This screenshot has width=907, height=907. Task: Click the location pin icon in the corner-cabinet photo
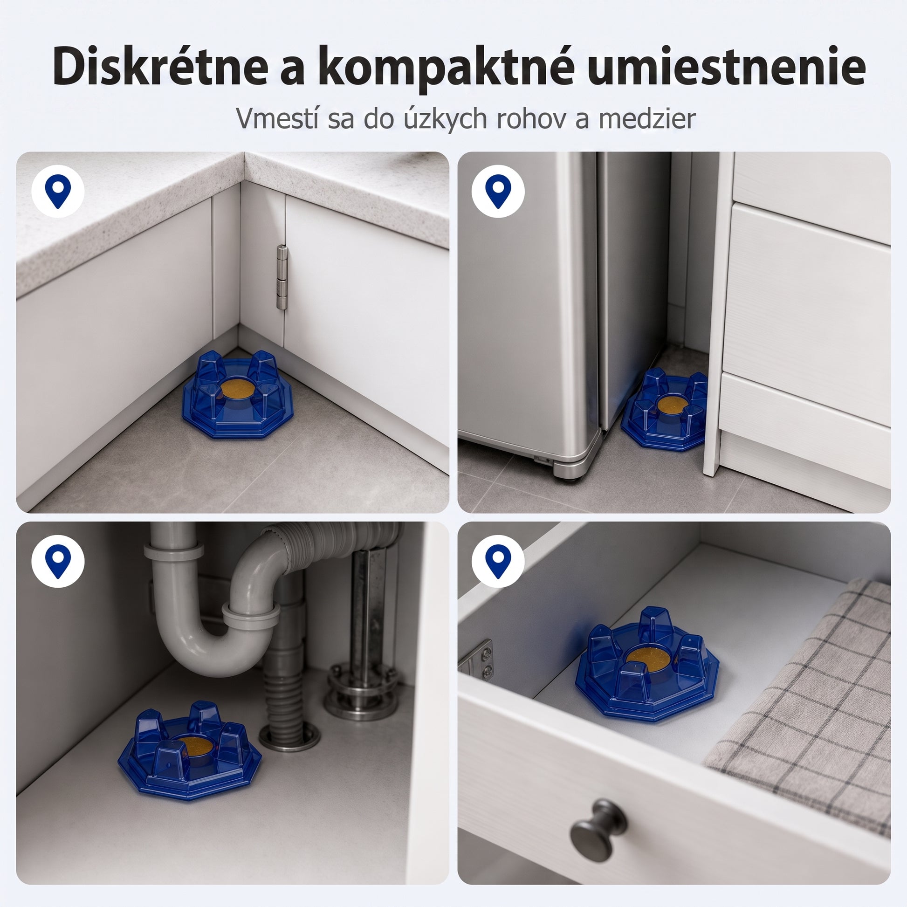click(x=58, y=191)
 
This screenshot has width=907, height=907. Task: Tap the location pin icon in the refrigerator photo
click(x=498, y=191)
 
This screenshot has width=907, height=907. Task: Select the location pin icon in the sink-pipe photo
click(x=58, y=561)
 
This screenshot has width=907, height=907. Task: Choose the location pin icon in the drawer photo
click(x=498, y=561)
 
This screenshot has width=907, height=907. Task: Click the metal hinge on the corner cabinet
click(x=281, y=277)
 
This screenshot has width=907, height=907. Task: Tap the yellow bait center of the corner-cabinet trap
click(x=238, y=391)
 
